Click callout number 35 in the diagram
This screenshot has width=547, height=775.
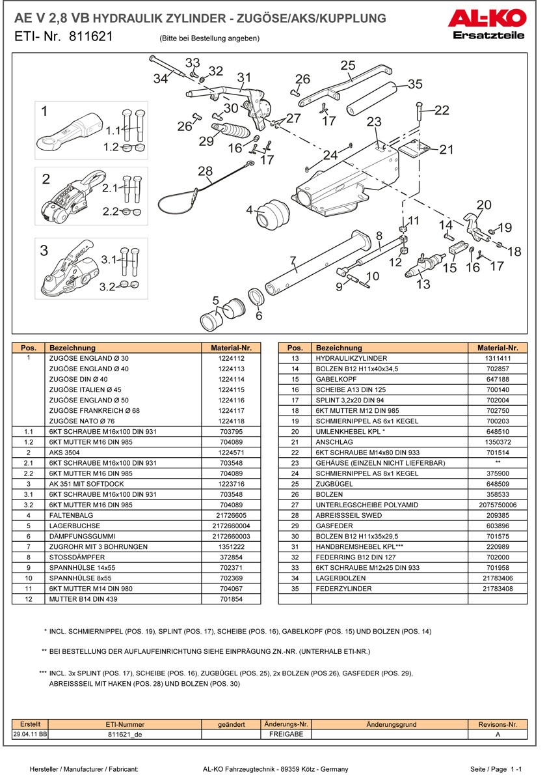click(414, 84)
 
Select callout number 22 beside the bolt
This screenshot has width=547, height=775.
click(442, 110)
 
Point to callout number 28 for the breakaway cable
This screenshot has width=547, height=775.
click(205, 171)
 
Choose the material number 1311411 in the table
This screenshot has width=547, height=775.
click(498, 358)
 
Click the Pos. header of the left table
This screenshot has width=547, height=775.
click(28, 348)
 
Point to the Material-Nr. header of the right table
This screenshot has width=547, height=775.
click(498, 348)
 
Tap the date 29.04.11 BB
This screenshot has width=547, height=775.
click(30, 733)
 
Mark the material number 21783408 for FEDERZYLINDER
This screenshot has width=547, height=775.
click(498, 588)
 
